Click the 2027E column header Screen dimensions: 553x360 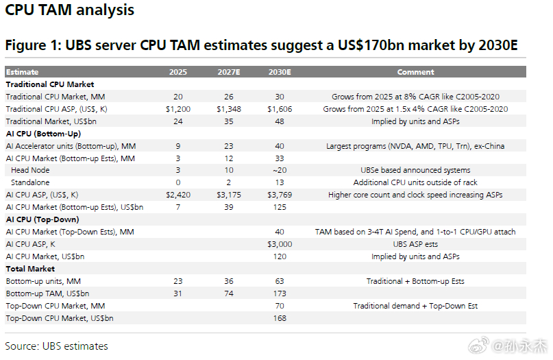[x=229, y=72]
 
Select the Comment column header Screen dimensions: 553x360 [x=415, y=72]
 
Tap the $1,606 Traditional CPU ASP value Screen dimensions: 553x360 [x=280, y=109]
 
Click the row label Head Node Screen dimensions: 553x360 [x=30, y=170]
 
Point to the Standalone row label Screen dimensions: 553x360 [x=30, y=182]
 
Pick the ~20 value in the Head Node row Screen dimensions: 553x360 [x=280, y=170]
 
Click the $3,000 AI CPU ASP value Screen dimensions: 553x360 [x=280, y=244]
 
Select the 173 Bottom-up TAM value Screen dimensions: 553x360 [x=280, y=293]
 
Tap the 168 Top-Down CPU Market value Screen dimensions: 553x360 [x=280, y=318]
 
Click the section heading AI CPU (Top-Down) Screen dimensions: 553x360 [x=42, y=219]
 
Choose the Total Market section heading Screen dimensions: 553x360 [x=30, y=269]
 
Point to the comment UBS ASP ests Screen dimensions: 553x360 [x=415, y=244]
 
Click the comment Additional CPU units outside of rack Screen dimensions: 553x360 [x=415, y=182]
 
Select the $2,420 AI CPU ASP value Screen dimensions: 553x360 [x=178, y=195]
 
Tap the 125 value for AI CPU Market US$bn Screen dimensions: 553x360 [x=280, y=207]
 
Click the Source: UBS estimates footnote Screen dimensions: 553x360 [x=56, y=346]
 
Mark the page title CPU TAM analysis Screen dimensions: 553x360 [x=69, y=10]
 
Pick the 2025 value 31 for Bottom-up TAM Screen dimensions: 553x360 [x=177, y=293]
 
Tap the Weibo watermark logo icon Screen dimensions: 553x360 [x=479, y=345]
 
